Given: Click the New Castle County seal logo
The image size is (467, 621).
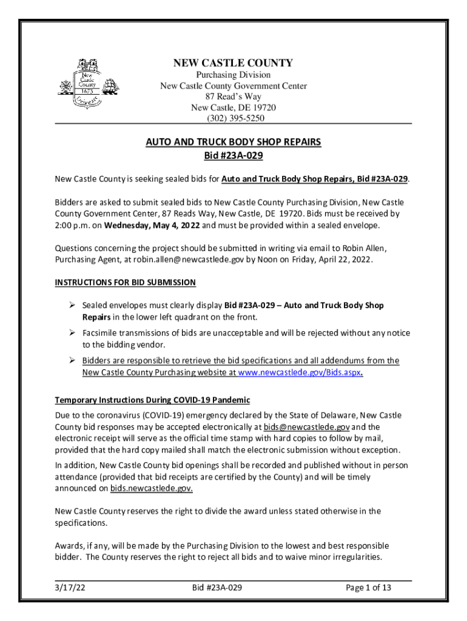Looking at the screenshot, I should tap(86, 84).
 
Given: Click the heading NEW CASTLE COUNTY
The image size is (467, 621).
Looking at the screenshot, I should tap(233, 63).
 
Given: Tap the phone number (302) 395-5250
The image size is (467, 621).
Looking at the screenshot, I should tap(233, 118).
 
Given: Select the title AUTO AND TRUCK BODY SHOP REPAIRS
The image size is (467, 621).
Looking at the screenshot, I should tap(233, 143).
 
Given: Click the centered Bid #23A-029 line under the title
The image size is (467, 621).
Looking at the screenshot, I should tap(233, 156).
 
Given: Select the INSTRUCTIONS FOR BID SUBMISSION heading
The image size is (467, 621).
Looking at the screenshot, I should tap(126, 283).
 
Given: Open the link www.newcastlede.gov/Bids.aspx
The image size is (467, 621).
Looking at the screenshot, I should tap(300, 374).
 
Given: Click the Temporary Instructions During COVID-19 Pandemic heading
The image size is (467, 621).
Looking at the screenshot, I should tap(152, 400).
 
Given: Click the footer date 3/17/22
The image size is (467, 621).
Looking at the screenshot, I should tap(68, 588).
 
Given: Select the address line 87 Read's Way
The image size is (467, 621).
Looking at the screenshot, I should tap(233, 96).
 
